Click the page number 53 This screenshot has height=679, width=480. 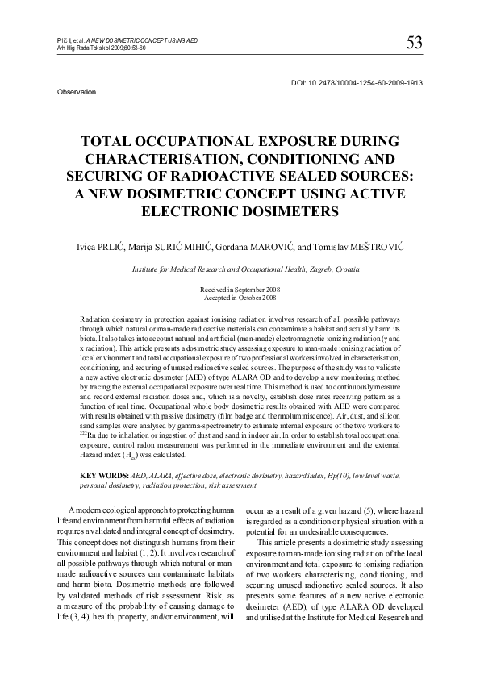[415, 42]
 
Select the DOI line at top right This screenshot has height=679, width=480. [356, 82]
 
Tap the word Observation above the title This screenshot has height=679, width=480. [77, 93]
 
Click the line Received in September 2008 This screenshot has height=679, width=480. [240, 289]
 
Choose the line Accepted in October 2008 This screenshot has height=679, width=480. [240, 296]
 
